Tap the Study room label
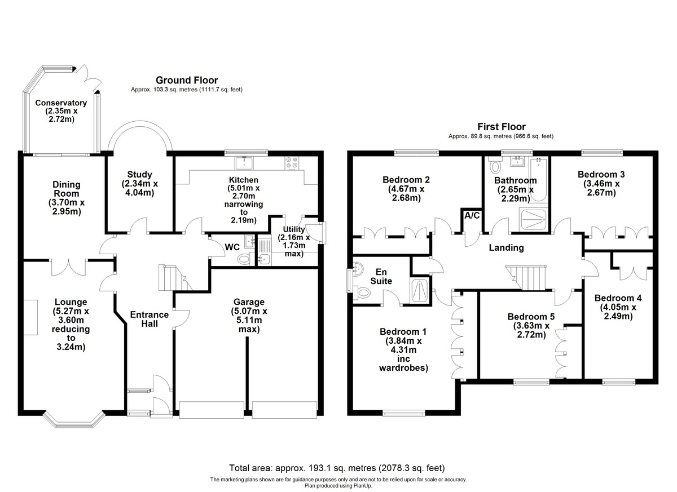point(140,184)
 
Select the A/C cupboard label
point(472,215)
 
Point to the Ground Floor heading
point(187,81)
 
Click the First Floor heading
point(501,127)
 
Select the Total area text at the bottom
point(337,468)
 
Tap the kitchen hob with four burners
point(293,162)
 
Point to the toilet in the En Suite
point(363,292)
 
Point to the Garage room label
point(249,316)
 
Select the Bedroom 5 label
point(531,326)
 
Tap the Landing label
point(506,247)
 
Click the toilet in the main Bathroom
point(496,166)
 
